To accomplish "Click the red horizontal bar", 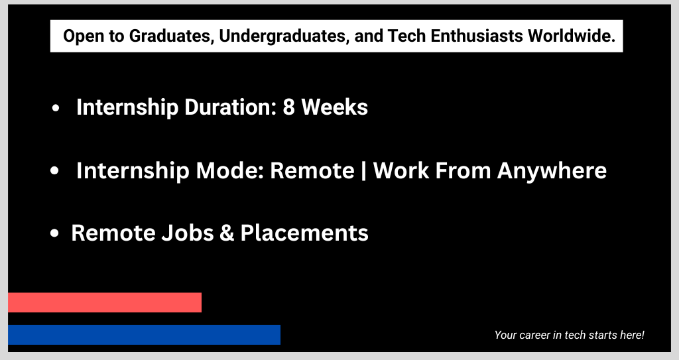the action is pos(105,302).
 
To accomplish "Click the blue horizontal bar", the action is pos(144,335).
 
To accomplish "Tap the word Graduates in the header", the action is pos(172,36).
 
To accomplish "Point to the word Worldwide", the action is pos(571,36).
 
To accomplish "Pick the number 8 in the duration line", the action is pos(289,107).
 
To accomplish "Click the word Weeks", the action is pos(334,107).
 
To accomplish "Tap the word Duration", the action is pos(230,107).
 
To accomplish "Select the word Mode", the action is pos(230,170).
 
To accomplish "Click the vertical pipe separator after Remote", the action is pos(363,170).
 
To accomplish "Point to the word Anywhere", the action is pos(552,170).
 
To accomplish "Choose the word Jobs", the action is pos(188,233).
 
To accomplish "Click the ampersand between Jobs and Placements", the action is pos(227,233).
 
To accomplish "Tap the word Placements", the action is pos(304,233).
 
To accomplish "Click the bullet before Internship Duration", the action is pos(55,108).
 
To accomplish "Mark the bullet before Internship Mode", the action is pos(54,170).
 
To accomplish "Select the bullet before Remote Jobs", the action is pos(54,233).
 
